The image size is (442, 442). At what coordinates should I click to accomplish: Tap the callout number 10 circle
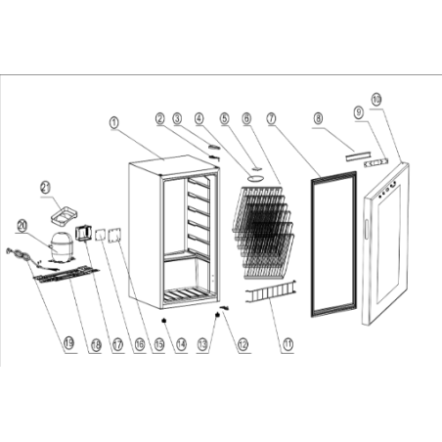pos(377,99)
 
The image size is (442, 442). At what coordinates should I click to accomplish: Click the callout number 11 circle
pos(287,342)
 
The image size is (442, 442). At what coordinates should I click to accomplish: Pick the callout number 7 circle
pos(270,117)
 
